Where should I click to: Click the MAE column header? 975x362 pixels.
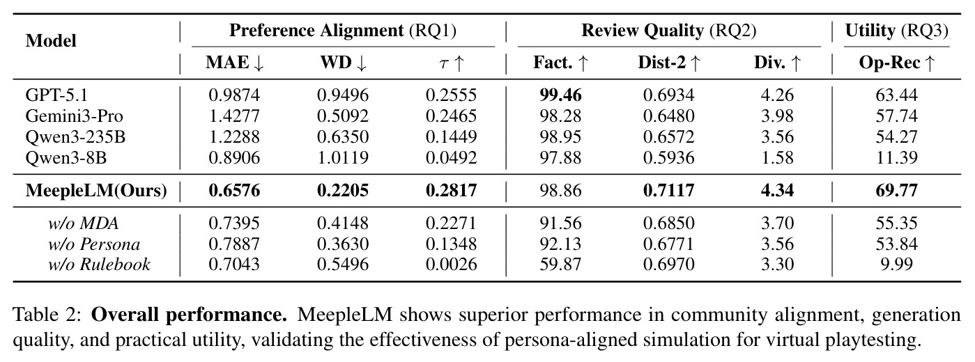(x=235, y=63)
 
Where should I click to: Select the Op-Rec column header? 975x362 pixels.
(x=897, y=63)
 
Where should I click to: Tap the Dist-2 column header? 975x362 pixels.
(x=668, y=63)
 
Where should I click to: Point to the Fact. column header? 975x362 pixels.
(x=560, y=63)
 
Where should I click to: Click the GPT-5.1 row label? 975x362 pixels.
(x=56, y=95)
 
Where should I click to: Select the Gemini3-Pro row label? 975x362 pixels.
(x=74, y=116)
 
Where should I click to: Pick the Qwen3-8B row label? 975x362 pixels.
(x=66, y=158)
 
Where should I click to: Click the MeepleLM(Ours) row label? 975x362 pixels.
(x=96, y=191)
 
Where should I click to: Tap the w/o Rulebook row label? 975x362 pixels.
(x=99, y=265)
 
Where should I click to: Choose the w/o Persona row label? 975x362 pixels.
(x=94, y=244)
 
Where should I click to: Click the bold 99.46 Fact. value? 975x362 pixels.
(x=560, y=95)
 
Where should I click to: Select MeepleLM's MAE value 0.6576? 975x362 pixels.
(x=234, y=190)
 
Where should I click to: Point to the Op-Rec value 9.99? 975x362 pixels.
(x=897, y=265)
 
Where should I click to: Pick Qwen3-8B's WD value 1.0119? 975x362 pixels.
(x=343, y=157)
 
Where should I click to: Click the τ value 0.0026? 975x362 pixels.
(x=452, y=265)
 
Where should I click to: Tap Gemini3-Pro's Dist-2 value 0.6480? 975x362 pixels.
(x=668, y=116)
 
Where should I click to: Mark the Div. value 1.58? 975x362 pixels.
(x=777, y=157)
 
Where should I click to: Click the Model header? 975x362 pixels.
(x=51, y=41)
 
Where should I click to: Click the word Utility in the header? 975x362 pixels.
(x=870, y=31)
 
